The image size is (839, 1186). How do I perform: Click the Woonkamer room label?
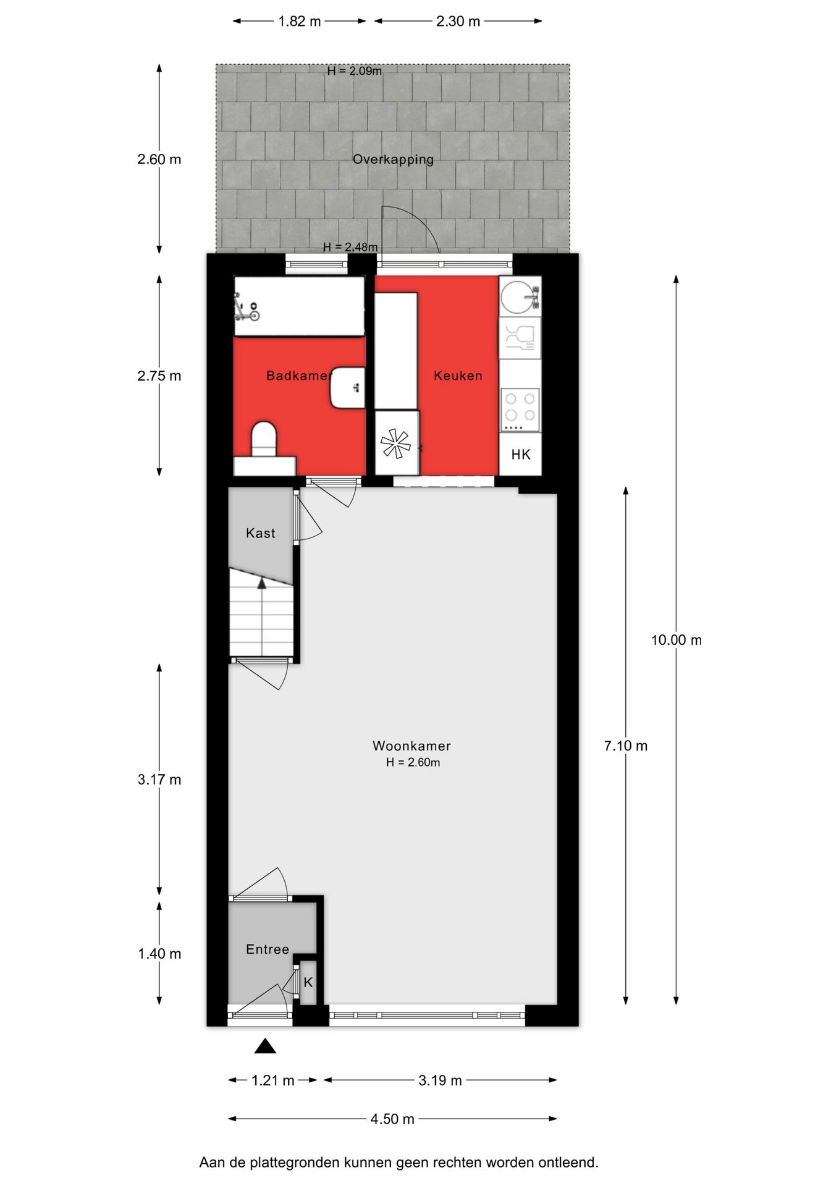coord(411,746)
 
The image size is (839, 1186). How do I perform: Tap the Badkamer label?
coord(298,376)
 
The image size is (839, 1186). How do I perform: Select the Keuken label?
coord(458,376)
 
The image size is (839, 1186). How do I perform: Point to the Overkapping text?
coord(393,159)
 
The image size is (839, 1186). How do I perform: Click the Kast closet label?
coord(260,533)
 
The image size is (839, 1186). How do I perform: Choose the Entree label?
coord(268,949)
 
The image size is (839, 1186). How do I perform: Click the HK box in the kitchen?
coord(521,455)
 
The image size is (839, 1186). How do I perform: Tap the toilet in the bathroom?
coord(264,439)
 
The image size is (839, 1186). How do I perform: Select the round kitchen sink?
coord(518,297)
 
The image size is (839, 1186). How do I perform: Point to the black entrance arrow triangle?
coord(265,1046)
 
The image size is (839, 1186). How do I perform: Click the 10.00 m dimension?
coord(676,640)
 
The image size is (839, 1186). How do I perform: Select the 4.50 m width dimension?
coord(392,1119)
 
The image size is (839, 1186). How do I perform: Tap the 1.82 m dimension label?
coord(300,21)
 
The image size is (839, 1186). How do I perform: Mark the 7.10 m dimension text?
coord(625,746)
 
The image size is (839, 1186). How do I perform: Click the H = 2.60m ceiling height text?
coord(413,763)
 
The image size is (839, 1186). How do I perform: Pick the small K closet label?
coord(308,982)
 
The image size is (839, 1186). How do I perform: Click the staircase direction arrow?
coord(262,582)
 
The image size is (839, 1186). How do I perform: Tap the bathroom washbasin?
coord(348,388)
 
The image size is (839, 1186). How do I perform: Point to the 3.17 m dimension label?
coord(159,780)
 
